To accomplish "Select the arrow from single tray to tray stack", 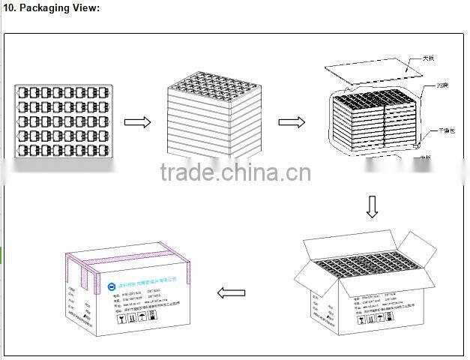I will [x=138, y=122].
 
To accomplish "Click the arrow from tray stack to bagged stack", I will [x=292, y=122].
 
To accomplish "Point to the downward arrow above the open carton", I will [x=373, y=206].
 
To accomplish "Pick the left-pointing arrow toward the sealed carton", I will [x=230, y=292].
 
